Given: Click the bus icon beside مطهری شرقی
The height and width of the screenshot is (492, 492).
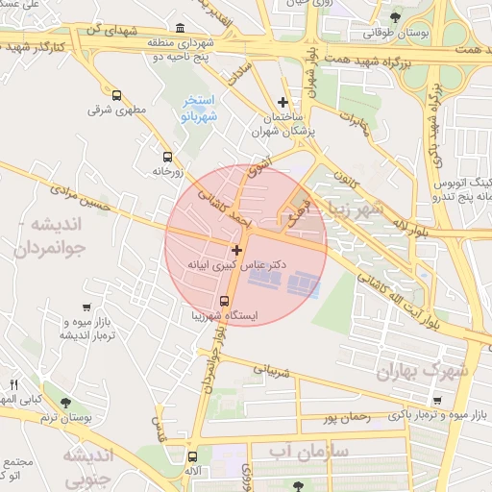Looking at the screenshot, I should (x=117, y=96).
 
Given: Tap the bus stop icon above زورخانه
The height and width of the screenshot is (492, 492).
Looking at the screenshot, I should (x=168, y=158).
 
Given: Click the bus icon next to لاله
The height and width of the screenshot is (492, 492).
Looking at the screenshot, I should (x=193, y=457).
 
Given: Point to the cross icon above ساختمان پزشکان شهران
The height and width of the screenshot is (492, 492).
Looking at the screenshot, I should (x=282, y=102).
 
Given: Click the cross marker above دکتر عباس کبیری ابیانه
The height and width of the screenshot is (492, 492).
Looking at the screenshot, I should (x=236, y=250).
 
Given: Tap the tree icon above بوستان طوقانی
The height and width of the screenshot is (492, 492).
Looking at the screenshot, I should (x=394, y=17).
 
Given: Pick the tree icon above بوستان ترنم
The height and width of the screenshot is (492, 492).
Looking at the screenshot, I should (x=64, y=404).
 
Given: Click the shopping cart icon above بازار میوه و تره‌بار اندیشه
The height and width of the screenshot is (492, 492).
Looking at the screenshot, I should (x=87, y=307).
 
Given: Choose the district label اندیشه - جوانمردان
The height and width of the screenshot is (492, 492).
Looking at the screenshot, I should (x=58, y=235).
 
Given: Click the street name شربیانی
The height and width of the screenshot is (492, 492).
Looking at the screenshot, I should (x=270, y=367).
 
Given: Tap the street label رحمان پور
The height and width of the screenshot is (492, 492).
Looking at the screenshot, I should (x=347, y=418).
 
